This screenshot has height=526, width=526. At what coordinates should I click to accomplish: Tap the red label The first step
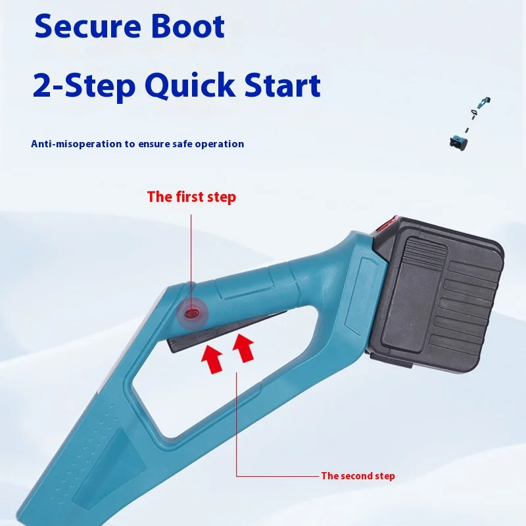(x=191, y=197)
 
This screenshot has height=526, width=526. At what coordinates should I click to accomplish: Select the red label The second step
(x=358, y=475)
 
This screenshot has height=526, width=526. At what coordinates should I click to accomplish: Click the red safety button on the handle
(x=192, y=314)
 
